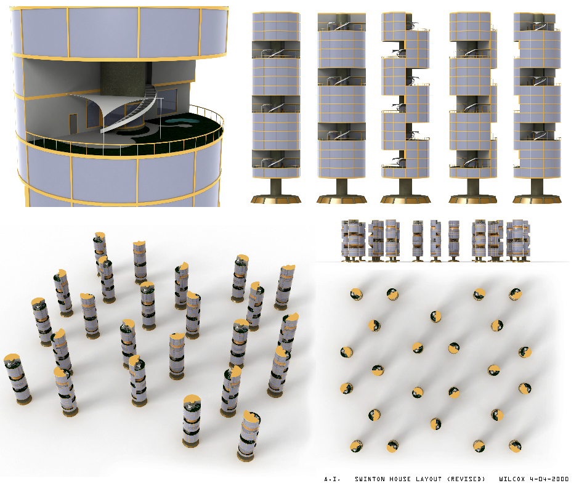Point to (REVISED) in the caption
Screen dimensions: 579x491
(466, 479)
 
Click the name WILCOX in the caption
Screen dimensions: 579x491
(512, 479)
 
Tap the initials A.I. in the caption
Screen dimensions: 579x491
(332, 479)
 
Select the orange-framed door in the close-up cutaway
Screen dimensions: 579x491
(73, 123)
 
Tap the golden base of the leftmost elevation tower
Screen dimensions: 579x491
(276, 199)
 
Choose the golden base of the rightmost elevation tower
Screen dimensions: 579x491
(537, 199)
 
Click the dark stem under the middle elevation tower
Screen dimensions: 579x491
(405, 187)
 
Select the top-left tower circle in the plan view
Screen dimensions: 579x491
(357, 294)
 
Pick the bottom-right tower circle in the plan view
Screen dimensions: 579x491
(515, 446)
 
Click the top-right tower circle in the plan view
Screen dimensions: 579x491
(515, 294)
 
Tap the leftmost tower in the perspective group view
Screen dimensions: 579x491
(17, 379)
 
